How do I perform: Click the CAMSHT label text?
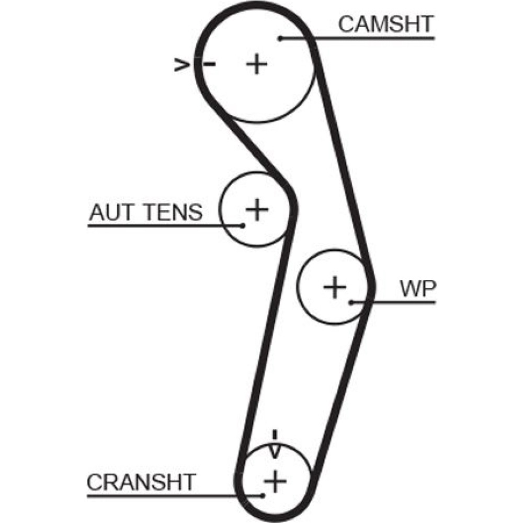click(385, 24)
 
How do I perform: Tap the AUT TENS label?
click(145, 212)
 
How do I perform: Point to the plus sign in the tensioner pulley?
click(257, 209)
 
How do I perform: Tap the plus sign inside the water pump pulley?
click(335, 287)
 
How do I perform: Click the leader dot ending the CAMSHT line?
click(280, 38)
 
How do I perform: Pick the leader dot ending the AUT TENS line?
click(243, 226)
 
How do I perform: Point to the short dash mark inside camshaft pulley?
click(210, 64)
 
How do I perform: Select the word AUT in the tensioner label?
click(108, 212)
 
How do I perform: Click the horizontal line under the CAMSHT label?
click(366, 38)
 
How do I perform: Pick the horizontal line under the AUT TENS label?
click(157, 226)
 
